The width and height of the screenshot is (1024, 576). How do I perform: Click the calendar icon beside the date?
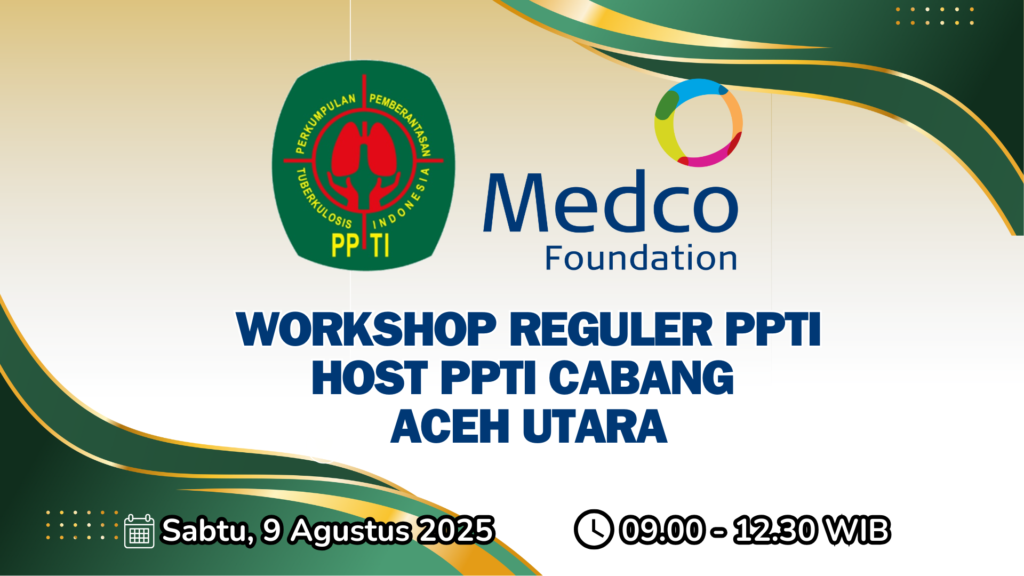(x=139, y=531)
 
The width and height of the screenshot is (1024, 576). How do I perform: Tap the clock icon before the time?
(x=593, y=530)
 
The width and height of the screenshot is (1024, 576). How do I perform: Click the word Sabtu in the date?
(x=207, y=531)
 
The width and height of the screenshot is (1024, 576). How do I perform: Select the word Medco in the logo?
(x=611, y=203)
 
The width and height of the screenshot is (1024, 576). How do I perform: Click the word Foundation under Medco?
(x=641, y=259)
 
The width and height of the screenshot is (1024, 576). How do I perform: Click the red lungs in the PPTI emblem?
(x=364, y=149)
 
